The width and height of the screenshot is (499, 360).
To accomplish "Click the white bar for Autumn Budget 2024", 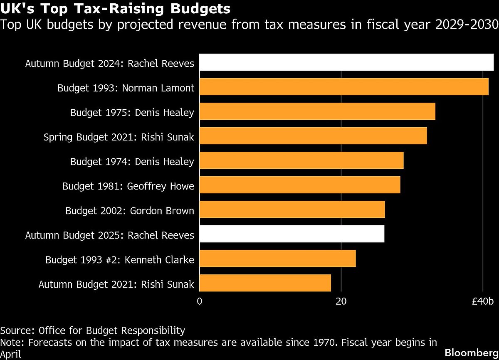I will coord(346,63).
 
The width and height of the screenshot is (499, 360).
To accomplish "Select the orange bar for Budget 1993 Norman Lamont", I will coord(344,87).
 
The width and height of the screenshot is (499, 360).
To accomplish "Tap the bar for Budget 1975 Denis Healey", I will coord(317,112).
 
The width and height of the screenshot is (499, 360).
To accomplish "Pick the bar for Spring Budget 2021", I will coord(313,136).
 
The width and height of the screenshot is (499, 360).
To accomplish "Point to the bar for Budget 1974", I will coord(301,160).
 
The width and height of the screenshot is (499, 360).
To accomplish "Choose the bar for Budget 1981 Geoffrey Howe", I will coord(300,185).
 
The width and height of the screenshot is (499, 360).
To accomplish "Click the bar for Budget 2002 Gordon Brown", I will coord(292,210).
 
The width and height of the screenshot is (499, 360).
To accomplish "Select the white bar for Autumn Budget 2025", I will coord(292,234).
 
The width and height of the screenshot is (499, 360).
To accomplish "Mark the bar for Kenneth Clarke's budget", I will coord(278,259).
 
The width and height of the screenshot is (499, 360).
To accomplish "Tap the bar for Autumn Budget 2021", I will coord(265,283).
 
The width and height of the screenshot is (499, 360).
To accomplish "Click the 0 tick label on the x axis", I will coord(200,301).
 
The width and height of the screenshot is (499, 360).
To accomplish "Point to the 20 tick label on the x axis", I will coord(341,301).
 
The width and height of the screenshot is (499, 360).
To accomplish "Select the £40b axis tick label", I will coord(483,301).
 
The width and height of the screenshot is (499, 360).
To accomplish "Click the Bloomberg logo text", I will coord(471,353).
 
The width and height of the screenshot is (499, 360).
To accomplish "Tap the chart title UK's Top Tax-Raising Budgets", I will coord(116,8).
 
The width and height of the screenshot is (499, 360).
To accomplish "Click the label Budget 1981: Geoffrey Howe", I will coord(128,186).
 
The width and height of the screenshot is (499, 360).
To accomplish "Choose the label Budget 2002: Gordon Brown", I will coord(130,210).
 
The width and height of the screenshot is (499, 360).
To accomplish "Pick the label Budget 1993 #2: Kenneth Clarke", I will coord(120,260).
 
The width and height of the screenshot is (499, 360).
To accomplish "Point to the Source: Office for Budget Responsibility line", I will coord(93,330).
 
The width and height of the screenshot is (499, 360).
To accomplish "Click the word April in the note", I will coord(11,354).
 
